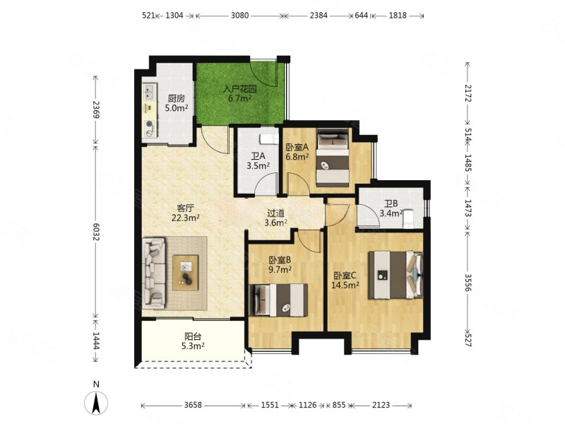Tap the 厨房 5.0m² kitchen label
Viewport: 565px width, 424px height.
pyautogui.click(x=176, y=103)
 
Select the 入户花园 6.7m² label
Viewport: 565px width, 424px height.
pyautogui.click(x=239, y=93)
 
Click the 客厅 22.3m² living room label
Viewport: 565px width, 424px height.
pyautogui.click(x=186, y=213)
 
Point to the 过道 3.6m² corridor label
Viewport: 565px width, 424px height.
pyautogui.click(x=275, y=218)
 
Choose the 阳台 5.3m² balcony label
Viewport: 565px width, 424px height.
pyautogui.click(x=193, y=341)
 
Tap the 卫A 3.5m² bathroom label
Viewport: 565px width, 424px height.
pyautogui.click(x=258, y=161)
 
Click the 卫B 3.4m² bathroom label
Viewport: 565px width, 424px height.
pyautogui.click(x=391, y=208)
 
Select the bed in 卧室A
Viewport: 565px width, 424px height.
pyautogui.click(x=333, y=157)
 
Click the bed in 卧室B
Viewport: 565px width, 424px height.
pyautogui.click(x=278, y=300)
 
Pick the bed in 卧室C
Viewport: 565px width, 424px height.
pyautogui.click(x=395, y=275)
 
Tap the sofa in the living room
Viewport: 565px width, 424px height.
pyautogui.click(x=154, y=273)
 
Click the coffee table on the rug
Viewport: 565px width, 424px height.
pyautogui.click(x=186, y=273)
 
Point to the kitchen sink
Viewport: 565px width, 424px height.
pyautogui.click(x=150, y=92)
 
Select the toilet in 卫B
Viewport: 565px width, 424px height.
pyautogui.click(x=408, y=218)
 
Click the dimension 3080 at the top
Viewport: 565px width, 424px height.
pyautogui.click(x=239, y=16)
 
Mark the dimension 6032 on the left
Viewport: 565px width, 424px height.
pyautogui.click(x=96, y=232)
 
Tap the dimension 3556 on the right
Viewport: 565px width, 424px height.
pyautogui.click(x=468, y=282)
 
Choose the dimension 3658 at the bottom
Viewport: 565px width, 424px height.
pyautogui.click(x=193, y=405)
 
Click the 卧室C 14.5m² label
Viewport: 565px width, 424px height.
pyautogui.click(x=345, y=281)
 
